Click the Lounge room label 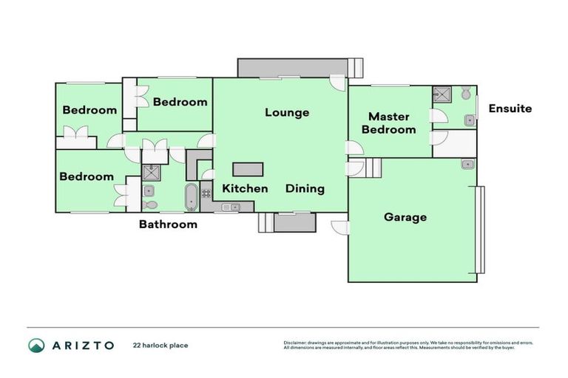pyautogui.click(x=287, y=113)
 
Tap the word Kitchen pyautogui.click(x=245, y=188)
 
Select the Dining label pyautogui.click(x=305, y=188)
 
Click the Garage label pyautogui.click(x=405, y=217)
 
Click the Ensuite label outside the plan pyautogui.click(x=510, y=109)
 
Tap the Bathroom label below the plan pyautogui.click(x=168, y=224)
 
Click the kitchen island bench pyautogui.click(x=248, y=169)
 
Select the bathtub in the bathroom pyautogui.click(x=191, y=197)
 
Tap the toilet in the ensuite pyautogui.click(x=466, y=94)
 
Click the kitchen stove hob pyautogui.click(x=206, y=193)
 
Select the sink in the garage pyautogui.click(x=467, y=165)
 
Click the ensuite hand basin pyautogui.click(x=469, y=120)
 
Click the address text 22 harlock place pyautogui.click(x=160, y=345)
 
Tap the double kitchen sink pyautogui.click(x=226, y=207)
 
